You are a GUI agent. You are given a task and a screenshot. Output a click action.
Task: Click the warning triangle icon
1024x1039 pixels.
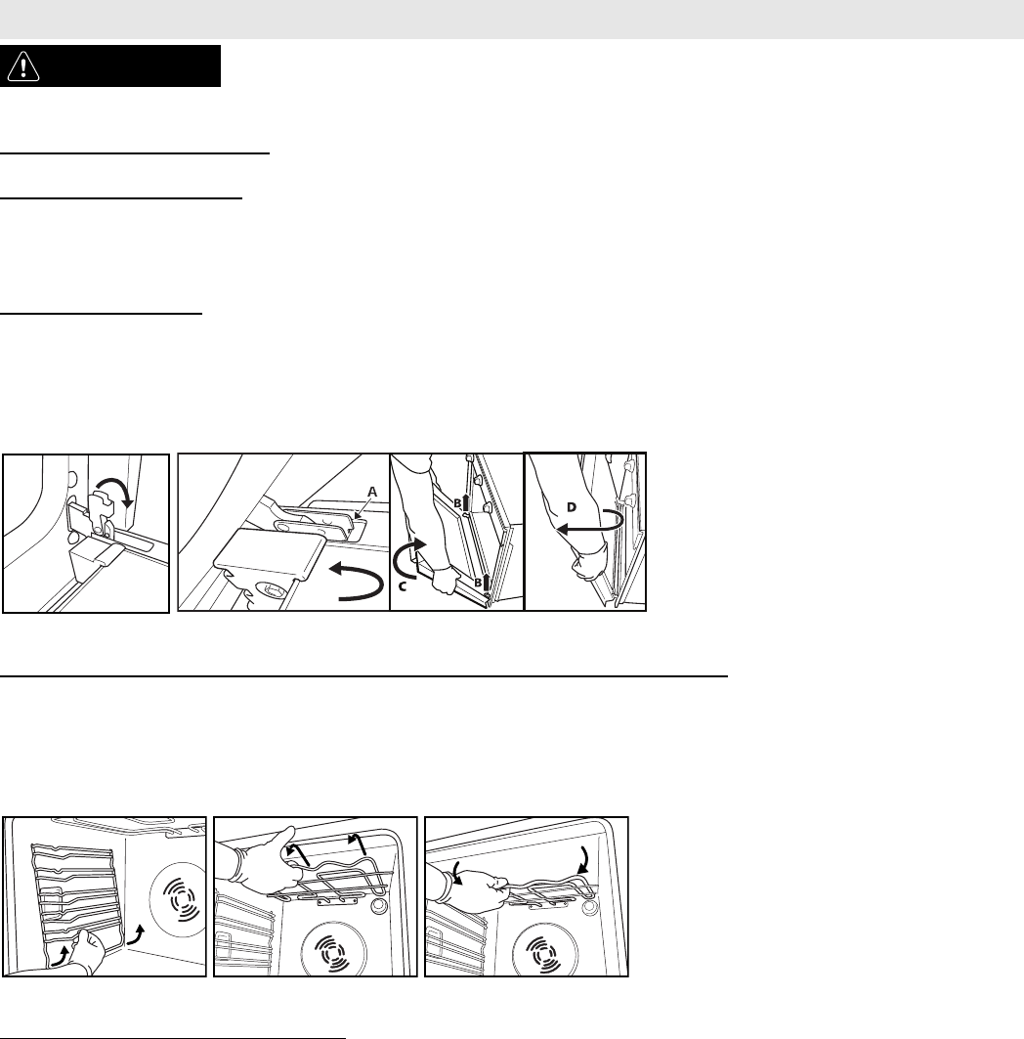tap(23, 66)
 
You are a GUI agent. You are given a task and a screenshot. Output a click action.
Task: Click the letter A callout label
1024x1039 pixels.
tap(372, 493)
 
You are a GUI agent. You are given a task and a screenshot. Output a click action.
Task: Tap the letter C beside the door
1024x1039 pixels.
tap(402, 587)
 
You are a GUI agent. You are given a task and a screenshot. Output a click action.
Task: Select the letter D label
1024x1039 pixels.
tap(571, 507)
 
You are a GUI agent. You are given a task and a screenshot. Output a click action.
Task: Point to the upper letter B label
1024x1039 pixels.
tap(457, 503)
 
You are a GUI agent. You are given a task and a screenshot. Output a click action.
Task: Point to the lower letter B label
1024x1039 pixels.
tap(478, 584)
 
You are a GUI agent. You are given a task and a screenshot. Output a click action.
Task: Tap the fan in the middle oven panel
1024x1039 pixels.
tap(331, 949)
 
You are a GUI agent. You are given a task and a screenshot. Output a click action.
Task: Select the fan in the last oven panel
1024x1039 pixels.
tap(541, 949)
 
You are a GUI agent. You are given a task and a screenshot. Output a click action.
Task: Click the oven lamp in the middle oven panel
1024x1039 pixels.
tap(379, 906)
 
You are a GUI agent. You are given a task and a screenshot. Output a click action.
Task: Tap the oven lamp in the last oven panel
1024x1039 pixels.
tap(589, 906)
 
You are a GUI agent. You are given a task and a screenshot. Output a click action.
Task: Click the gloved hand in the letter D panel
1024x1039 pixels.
tap(589, 562)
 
